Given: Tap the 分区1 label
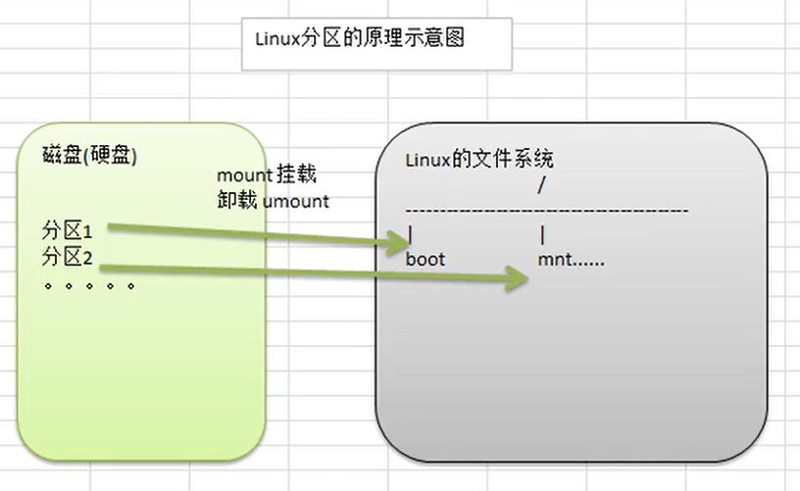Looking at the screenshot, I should pyautogui.click(x=67, y=233).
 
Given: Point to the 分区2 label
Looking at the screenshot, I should pyautogui.click(x=67, y=258).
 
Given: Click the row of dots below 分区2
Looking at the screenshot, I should pyautogui.click(x=89, y=286).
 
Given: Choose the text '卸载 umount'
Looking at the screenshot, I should pyautogui.click(x=274, y=201).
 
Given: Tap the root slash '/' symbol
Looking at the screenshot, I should pyautogui.click(x=542, y=184).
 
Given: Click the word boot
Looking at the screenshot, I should pyautogui.click(x=425, y=260).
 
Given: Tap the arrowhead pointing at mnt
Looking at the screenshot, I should pyautogui.click(x=520, y=279).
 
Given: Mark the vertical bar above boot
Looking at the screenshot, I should pyautogui.click(x=410, y=236).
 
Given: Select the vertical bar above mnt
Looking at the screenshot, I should pyautogui.click(x=542, y=236).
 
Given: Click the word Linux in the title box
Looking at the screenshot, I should pyautogui.click(x=275, y=41).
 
